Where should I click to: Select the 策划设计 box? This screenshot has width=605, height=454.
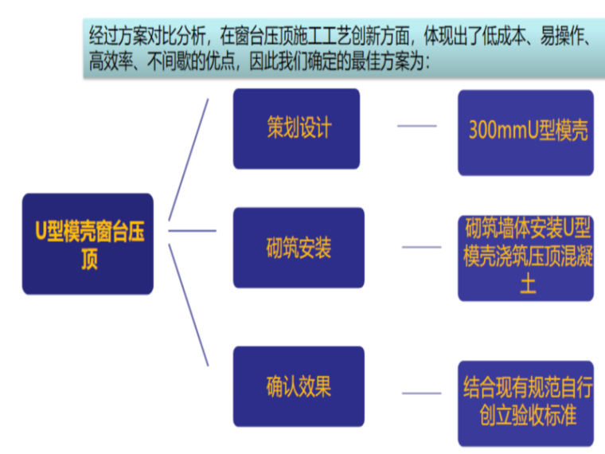[x=296, y=128]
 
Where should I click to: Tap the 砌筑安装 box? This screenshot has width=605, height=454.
[x=299, y=248]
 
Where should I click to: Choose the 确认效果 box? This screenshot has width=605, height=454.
[x=299, y=386]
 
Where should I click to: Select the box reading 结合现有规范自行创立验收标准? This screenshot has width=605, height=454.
[x=525, y=403]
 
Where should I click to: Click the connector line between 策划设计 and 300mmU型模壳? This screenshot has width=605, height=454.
[x=416, y=126]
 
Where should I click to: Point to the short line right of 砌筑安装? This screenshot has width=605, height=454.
[x=421, y=247]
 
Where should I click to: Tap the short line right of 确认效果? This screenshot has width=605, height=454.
[x=421, y=393]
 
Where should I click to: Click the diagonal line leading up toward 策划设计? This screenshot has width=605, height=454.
[x=189, y=159]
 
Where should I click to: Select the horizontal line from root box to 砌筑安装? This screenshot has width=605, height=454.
[x=192, y=231]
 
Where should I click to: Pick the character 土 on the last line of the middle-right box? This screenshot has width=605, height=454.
[x=525, y=285]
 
